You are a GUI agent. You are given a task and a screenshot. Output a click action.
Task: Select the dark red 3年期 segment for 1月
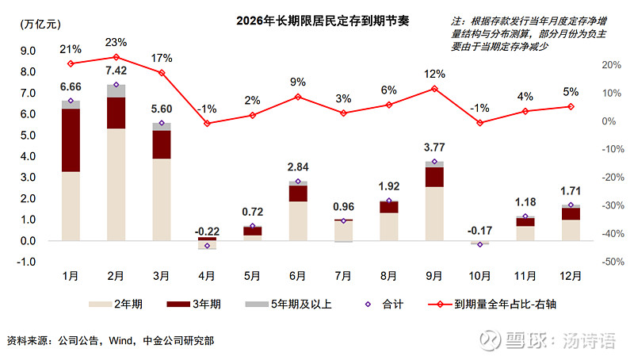coord(71,140)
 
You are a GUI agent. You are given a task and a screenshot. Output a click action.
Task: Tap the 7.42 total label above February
coord(116,71)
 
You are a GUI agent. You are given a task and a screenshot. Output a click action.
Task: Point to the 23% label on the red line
coord(116,42)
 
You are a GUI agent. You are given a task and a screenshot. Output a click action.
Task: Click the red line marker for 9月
coord(434,89)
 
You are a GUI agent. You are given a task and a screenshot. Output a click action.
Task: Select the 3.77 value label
coord(434,147)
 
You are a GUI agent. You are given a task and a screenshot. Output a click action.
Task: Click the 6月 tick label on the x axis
coord(298,275)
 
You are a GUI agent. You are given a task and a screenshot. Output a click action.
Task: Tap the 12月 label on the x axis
coord(570,275)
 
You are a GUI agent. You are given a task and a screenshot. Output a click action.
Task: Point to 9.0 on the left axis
coord(28,51)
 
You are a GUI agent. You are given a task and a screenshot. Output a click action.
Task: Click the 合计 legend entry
coord(391,304)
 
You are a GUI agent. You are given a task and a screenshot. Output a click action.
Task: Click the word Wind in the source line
coord(120,341)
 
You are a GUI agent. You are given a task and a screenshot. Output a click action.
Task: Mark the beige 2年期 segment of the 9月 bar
coord(434,213)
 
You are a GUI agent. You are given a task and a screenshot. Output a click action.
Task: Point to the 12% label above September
coord(434,74)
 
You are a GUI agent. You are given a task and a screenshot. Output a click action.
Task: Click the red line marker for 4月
coord(208,124)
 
